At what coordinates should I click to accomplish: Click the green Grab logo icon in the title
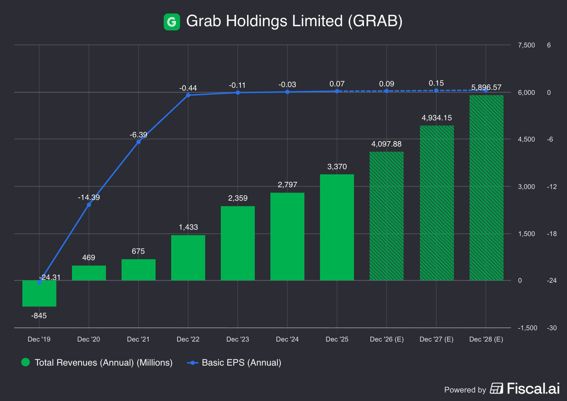(172, 22)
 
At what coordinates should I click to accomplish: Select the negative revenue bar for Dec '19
(39, 293)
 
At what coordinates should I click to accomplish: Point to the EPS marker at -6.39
(139, 142)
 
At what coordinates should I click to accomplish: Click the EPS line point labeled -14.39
(89, 205)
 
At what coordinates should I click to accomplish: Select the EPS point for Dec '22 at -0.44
(188, 95)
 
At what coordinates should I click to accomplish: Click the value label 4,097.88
(386, 144)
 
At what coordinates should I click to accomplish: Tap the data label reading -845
(39, 316)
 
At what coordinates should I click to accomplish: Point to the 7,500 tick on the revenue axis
(526, 45)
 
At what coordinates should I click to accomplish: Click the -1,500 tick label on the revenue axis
(527, 328)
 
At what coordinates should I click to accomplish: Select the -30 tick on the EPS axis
(552, 328)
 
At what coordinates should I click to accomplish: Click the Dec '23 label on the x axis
(238, 339)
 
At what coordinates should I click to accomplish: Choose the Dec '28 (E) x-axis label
(486, 339)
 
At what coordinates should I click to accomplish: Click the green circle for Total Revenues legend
(26, 362)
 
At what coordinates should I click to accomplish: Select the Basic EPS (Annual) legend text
(241, 363)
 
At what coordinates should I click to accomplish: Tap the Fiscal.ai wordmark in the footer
(533, 389)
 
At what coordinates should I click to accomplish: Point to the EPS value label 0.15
(436, 83)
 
